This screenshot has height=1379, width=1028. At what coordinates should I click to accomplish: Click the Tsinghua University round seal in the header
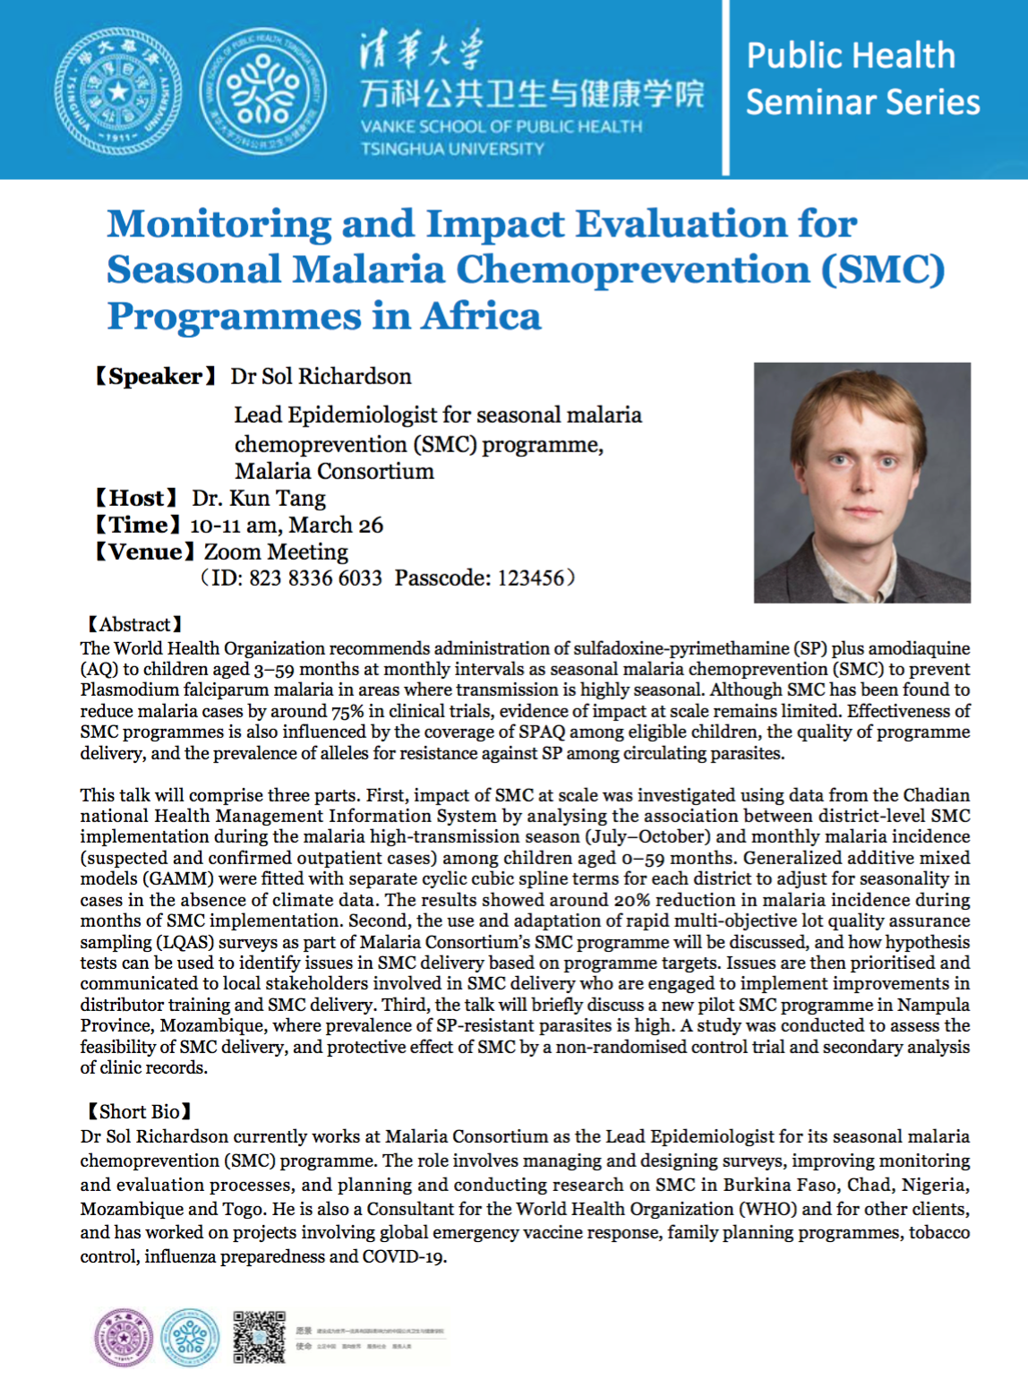[118, 91]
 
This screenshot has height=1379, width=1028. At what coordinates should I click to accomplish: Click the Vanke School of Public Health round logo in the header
[262, 91]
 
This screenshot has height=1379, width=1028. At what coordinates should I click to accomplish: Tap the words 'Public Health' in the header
[851, 56]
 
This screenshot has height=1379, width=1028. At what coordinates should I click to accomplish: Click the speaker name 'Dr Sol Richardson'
[321, 376]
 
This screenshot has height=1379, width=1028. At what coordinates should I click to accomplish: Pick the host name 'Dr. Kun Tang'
[259, 498]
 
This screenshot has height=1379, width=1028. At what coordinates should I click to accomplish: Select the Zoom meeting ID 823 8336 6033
[315, 578]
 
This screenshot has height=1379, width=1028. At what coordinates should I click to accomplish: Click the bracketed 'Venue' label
[145, 552]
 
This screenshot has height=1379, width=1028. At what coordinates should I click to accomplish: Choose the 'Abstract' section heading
[134, 624]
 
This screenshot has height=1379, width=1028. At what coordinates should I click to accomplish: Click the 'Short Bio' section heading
[139, 1111]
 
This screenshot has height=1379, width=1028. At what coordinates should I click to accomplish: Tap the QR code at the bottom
[259, 1337]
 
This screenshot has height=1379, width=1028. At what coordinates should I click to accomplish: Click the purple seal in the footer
[124, 1338]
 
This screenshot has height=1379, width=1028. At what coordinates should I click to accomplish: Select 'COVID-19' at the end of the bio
[403, 1256]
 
